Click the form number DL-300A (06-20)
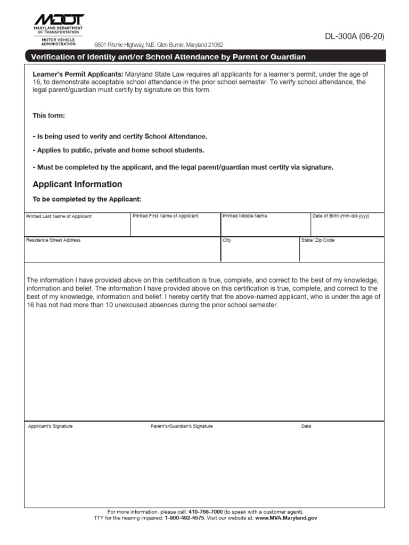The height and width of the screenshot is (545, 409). tap(354, 37)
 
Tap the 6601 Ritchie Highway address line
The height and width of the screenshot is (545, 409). tap(159, 45)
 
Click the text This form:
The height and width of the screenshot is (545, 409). tap(49, 115)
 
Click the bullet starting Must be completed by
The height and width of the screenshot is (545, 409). tap(183, 167)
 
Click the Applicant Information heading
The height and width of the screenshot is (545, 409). tap(77, 184)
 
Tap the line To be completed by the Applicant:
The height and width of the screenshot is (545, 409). tap(87, 199)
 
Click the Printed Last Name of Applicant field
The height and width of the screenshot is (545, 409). tap(77, 226)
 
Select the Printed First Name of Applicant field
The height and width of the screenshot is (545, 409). tap(175, 226)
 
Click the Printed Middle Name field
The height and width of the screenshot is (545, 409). tap(265, 226)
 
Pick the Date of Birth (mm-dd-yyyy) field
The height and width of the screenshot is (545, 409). tap(347, 226)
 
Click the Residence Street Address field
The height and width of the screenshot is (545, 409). tap(122, 251)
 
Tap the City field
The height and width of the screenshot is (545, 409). tap(260, 251)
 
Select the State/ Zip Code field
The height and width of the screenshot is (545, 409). tap(341, 251)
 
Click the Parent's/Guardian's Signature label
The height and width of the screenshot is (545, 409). tap(182, 426)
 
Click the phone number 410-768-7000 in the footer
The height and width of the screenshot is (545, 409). tap(206, 511)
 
